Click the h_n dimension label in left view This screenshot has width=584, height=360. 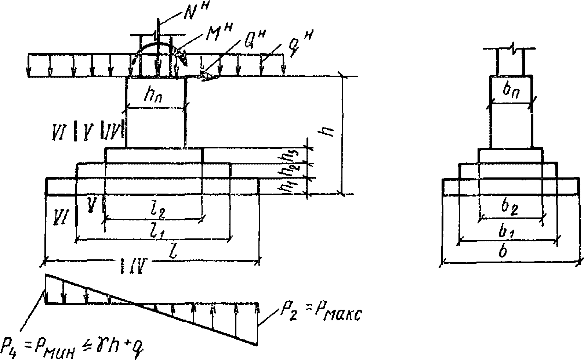(x=152, y=97)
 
